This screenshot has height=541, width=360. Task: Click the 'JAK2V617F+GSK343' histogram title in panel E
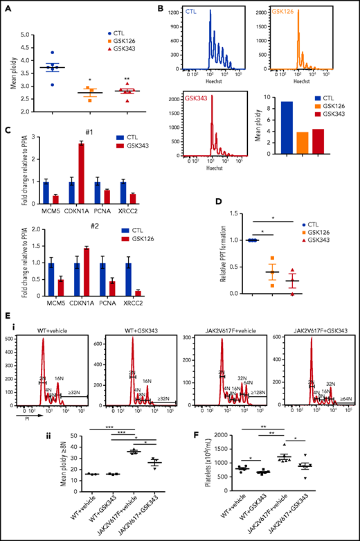[312, 332]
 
